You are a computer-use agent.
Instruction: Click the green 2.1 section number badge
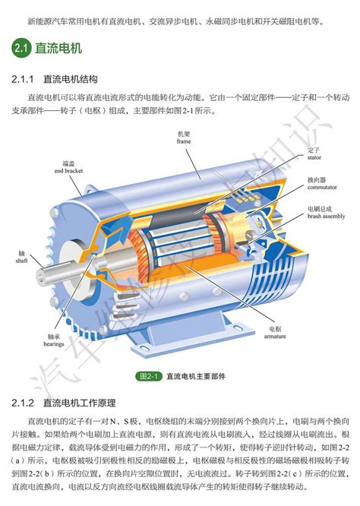click(21, 49)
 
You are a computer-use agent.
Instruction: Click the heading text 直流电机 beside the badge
click(59, 49)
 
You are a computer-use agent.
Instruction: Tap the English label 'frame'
click(184, 141)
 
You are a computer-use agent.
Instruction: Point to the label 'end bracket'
click(68, 172)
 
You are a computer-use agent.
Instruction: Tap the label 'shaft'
click(21, 260)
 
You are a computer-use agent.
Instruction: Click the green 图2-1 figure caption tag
click(147, 375)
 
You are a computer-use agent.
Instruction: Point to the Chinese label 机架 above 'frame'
click(184, 134)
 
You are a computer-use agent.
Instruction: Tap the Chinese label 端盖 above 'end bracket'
click(68, 163)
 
